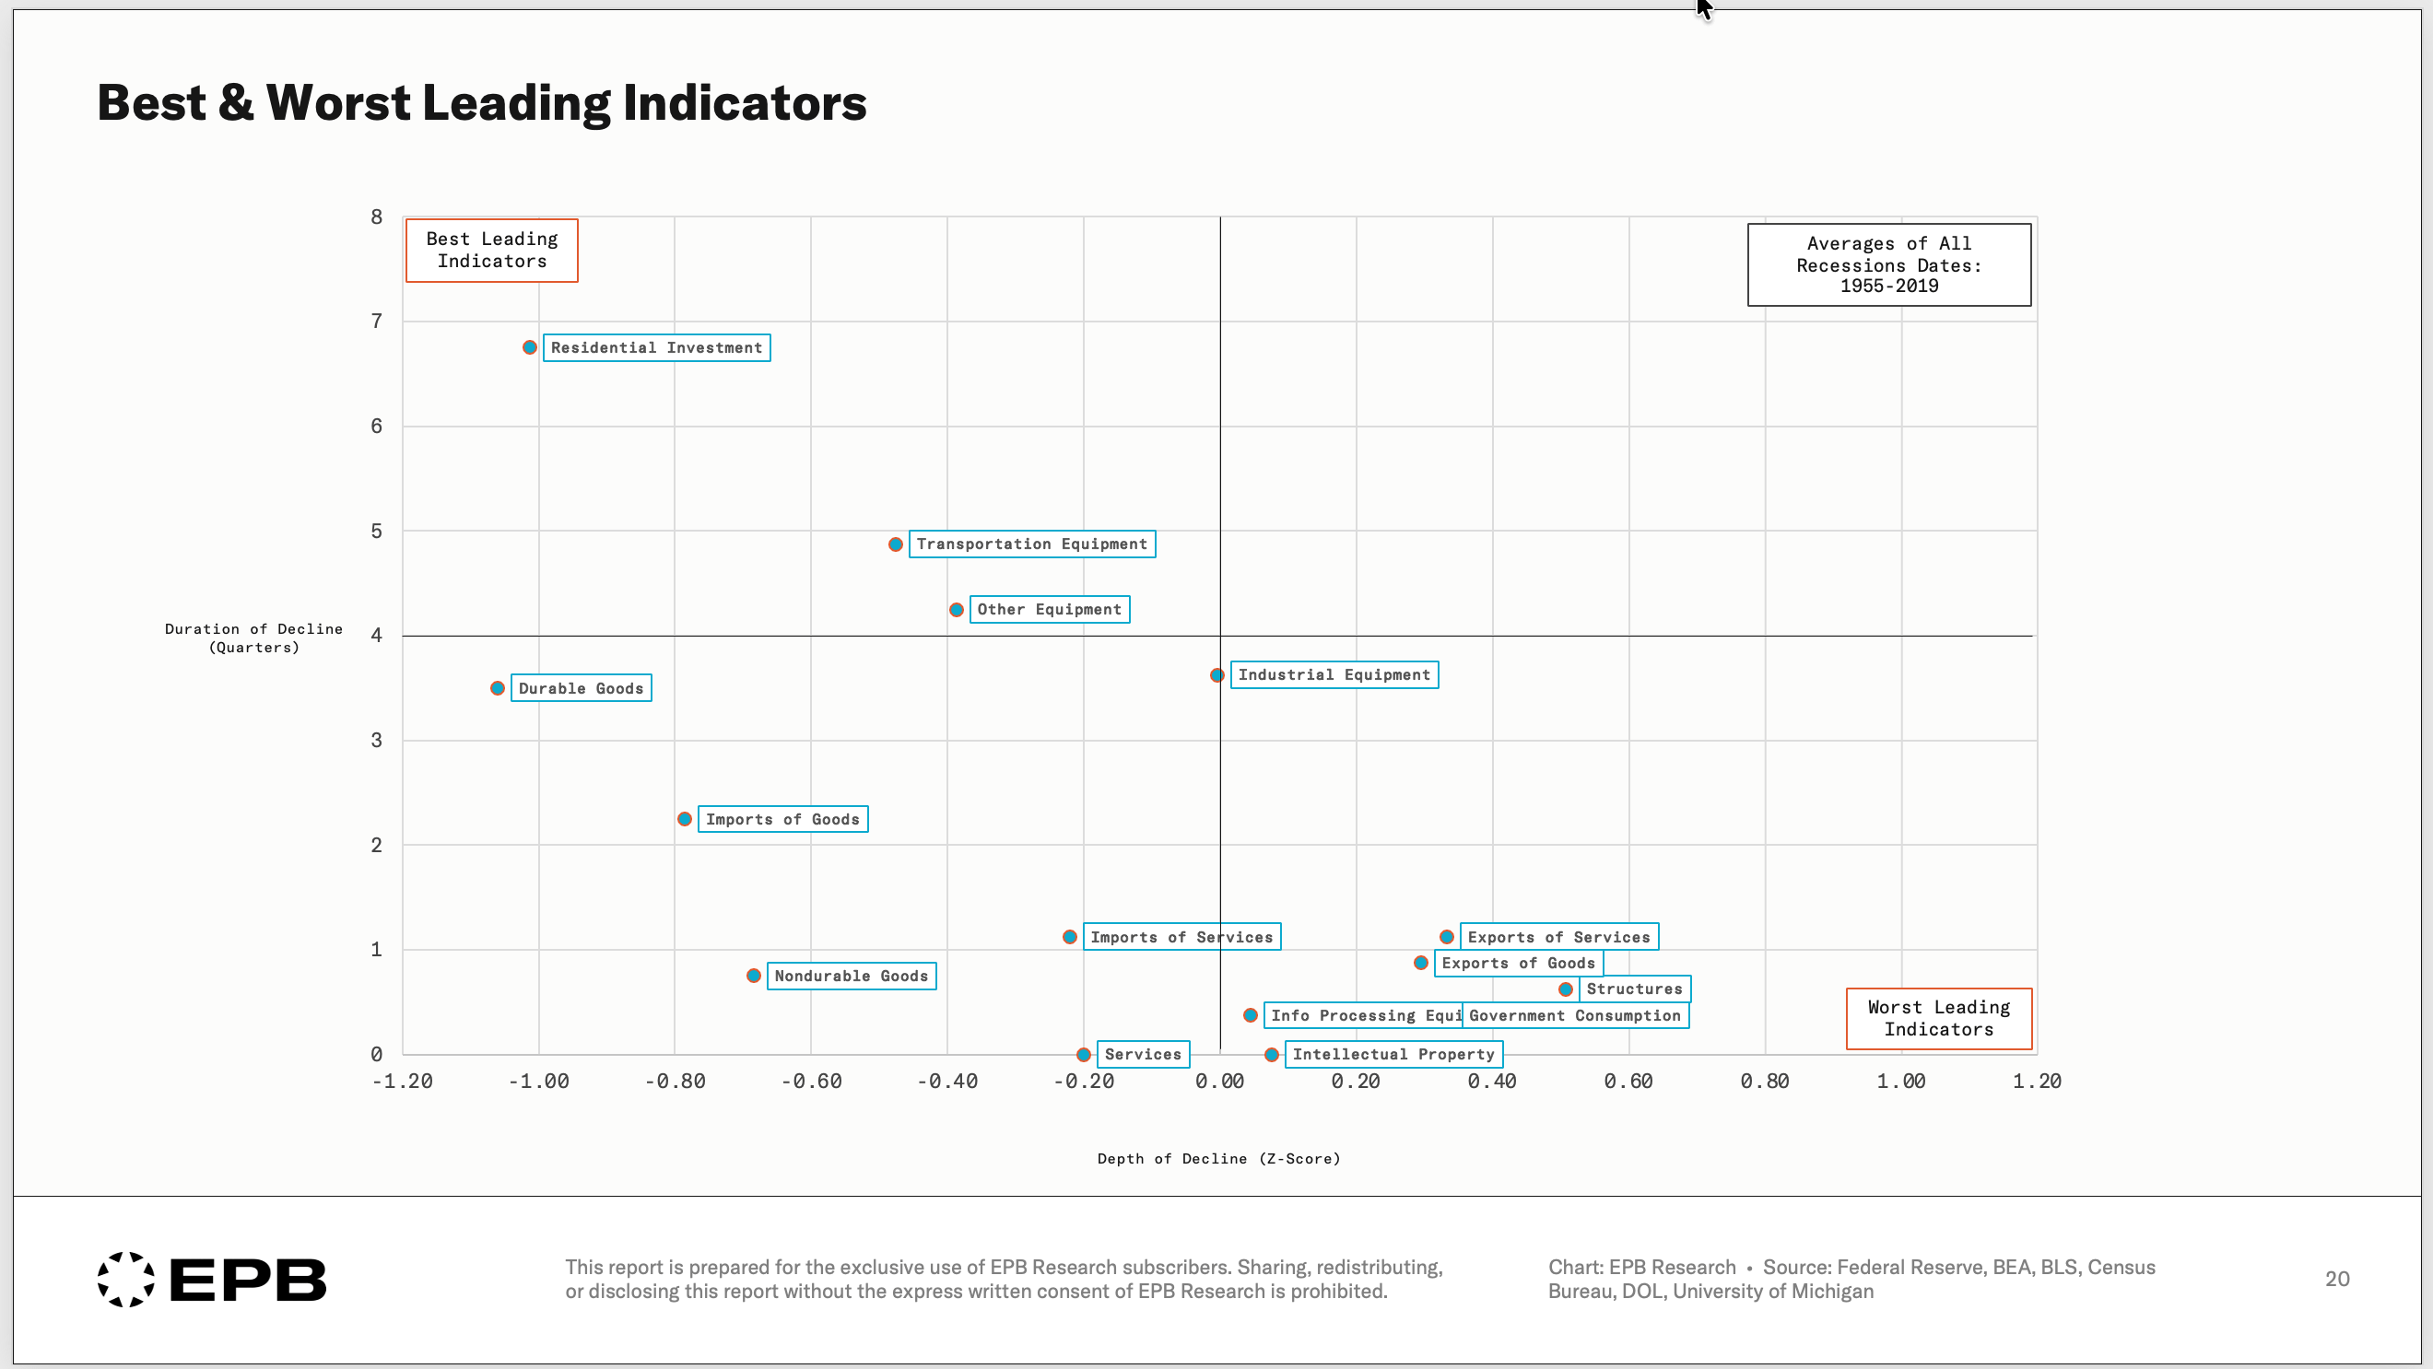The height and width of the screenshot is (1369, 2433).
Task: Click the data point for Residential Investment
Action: click(x=530, y=347)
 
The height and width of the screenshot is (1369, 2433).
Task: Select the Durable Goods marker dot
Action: click(x=498, y=688)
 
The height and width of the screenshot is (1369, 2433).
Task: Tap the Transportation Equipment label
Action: click(x=1031, y=544)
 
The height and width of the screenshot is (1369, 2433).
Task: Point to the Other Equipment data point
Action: click(x=956, y=610)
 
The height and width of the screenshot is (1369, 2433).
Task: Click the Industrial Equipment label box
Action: click(x=1334, y=675)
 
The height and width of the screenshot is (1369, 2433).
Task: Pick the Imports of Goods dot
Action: click(x=685, y=819)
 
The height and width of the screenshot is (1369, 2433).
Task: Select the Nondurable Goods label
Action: click(x=851, y=976)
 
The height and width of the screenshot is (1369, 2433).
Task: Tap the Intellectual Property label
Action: click(x=1393, y=1054)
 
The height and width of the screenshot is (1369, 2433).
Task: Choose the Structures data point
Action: click(x=1566, y=989)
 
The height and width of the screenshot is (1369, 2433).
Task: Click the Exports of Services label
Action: click(x=1558, y=937)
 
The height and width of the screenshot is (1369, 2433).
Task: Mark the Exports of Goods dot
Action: click(x=1420, y=963)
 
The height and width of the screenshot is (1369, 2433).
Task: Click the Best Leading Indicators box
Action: click(x=492, y=251)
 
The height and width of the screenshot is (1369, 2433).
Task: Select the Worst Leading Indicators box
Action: click(x=1939, y=1019)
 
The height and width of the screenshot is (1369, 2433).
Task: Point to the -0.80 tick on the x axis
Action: click(x=676, y=1081)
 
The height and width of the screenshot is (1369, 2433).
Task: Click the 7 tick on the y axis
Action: click(x=377, y=321)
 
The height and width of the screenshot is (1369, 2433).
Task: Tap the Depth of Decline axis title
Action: click(x=1218, y=1158)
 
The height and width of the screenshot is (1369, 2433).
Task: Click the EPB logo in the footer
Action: click(x=212, y=1280)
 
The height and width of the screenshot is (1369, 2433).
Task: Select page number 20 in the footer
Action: click(x=2336, y=1279)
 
